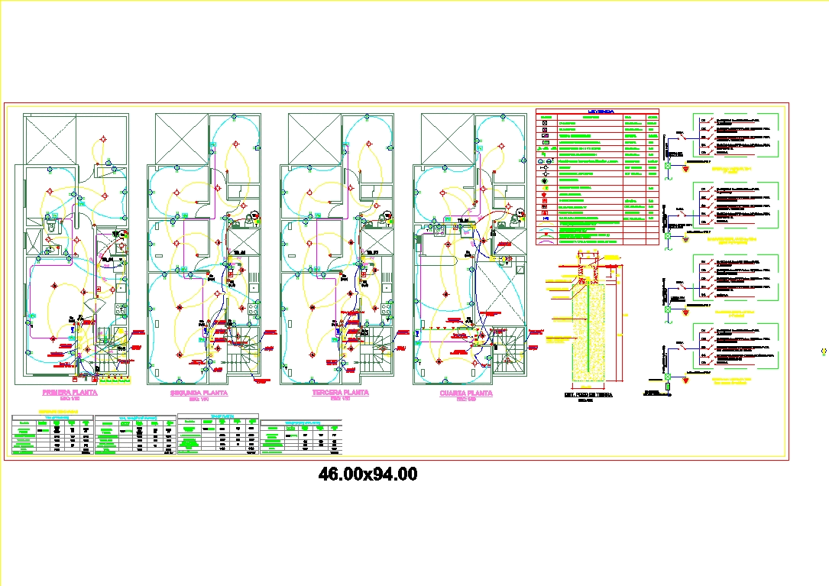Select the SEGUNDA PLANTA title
[199, 392]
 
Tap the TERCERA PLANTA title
[340, 392]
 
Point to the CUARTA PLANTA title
[466, 393]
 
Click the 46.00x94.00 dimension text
[368, 474]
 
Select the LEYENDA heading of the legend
[598, 112]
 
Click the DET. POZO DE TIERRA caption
[588, 395]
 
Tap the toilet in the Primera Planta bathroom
[53, 225]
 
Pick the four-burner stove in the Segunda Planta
[251, 309]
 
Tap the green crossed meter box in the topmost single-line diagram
[667, 165]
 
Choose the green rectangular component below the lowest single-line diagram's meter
[667, 387]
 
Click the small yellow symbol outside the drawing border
[823, 351]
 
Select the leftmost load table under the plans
[53, 435]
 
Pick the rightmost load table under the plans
[301, 437]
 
